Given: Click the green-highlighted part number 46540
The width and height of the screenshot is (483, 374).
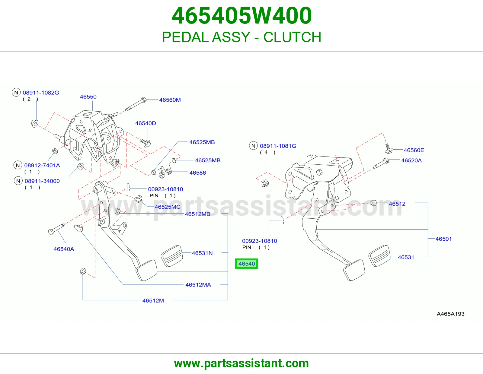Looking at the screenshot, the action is coord(247,264).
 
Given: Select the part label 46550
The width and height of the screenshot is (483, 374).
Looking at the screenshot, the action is coord(88,97).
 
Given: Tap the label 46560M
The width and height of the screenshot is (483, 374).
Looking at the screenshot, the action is coord(170,100).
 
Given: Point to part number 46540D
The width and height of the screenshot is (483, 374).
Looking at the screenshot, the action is coord(146,123).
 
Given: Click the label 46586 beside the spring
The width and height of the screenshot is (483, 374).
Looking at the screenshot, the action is coord(198,173).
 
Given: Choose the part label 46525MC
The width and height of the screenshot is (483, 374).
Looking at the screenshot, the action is coord(168,207).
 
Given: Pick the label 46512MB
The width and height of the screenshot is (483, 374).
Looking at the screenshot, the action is coord(198,214).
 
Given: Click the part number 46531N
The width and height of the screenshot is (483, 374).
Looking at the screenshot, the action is coord(202,253).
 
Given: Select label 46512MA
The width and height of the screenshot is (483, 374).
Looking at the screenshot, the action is coord(198,285).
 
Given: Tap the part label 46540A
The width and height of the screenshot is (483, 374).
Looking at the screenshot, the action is coord(64,249).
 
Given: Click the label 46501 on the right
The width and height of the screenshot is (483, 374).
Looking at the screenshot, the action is coord(444,239).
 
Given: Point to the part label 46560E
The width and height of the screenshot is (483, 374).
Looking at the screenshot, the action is coord(414,150).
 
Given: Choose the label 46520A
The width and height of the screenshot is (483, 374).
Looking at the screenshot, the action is coord(411,160).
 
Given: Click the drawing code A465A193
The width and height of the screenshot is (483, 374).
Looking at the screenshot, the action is coord(450,314).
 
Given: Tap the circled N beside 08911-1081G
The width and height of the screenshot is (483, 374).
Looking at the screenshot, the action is coord(253,146).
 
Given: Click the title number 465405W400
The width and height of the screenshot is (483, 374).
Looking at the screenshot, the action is coord(241,15).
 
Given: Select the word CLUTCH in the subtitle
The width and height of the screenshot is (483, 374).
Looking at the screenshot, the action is coord(292,37).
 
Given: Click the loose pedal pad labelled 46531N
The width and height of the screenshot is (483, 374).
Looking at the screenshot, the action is coord(172,256).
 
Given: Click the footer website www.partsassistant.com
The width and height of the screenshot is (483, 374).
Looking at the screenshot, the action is coord(241,363).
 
